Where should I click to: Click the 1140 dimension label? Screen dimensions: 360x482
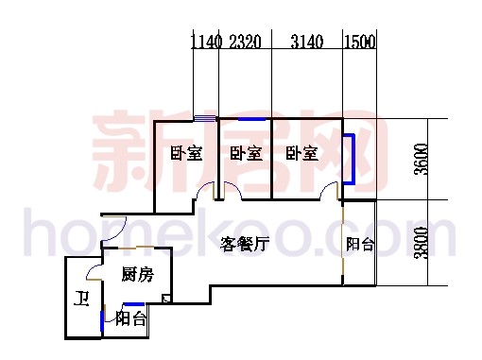point(205,41)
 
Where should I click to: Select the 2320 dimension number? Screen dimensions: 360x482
point(245,41)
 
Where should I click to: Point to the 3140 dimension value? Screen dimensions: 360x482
point(305,41)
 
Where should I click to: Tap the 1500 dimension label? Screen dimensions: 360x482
point(359,41)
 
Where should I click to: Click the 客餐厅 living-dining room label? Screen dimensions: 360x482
point(246,242)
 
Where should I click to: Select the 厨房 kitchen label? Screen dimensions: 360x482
point(136,275)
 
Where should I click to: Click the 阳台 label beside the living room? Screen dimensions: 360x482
point(359,244)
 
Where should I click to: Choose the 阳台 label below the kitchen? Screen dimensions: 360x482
point(130,318)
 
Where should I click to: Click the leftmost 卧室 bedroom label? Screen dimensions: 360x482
point(186,153)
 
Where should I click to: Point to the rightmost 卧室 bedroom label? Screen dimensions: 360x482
point(302,153)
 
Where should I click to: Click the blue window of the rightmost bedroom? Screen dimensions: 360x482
point(351,159)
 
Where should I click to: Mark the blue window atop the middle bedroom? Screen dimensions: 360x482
point(251,119)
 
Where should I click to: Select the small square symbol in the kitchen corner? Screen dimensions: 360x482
point(166,300)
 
